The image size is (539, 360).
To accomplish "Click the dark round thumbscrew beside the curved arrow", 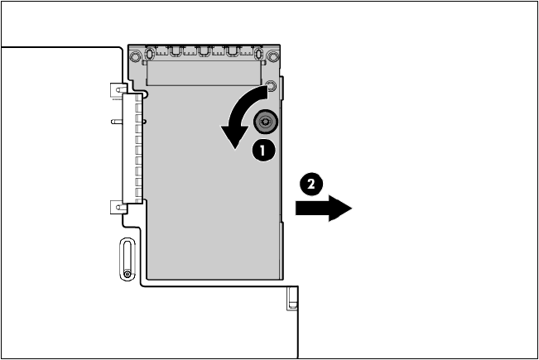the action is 265,121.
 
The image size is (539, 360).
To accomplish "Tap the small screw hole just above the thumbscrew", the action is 269,85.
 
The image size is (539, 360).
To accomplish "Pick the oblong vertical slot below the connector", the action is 125,261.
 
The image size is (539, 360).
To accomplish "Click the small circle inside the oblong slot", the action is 125,274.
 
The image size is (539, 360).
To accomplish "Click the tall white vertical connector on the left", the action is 131,149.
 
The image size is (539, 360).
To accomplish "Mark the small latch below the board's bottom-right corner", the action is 292,299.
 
